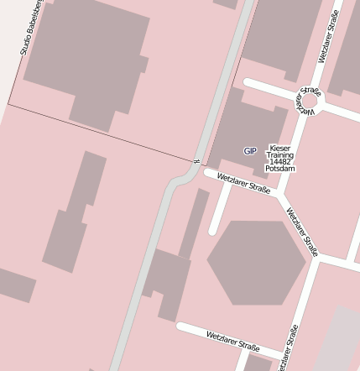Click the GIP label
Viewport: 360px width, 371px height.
pyautogui.click(x=250, y=151)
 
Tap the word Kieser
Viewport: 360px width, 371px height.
pyautogui.click(x=280, y=148)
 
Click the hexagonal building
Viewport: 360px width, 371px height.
pyautogui.click(x=256, y=262)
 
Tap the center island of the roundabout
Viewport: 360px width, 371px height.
pyautogui.click(x=309, y=102)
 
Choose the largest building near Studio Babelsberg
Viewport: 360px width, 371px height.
pyautogui.click(x=84, y=59)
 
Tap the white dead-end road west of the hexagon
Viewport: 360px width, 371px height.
pyautogui.click(x=220, y=210)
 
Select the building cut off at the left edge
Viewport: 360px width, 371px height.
pyautogui.click(x=15, y=285)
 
